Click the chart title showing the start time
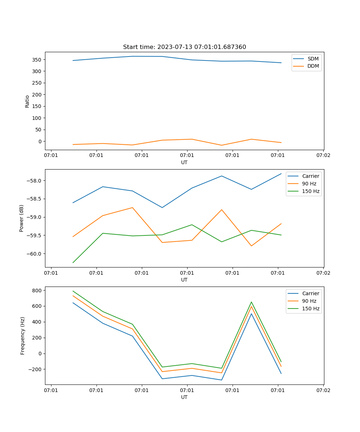[x=184, y=47]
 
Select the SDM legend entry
[x=313, y=58]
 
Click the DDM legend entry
[x=313, y=66]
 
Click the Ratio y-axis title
[x=27, y=102]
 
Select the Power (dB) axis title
[x=22, y=218]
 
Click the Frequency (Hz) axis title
[x=23, y=336]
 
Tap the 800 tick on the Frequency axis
[x=38, y=290]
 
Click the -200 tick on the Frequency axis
[x=36, y=369]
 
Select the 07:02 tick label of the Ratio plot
[x=323, y=156]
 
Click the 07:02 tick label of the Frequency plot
[x=323, y=390]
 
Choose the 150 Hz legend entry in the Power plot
[x=310, y=191]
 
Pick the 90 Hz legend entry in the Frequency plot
[x=309, y=301]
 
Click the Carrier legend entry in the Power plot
[x=310, y=176]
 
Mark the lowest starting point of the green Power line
[x=73, y=262]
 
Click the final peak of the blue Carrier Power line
[x=281, y=174]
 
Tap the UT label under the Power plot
[x=184, y=280]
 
